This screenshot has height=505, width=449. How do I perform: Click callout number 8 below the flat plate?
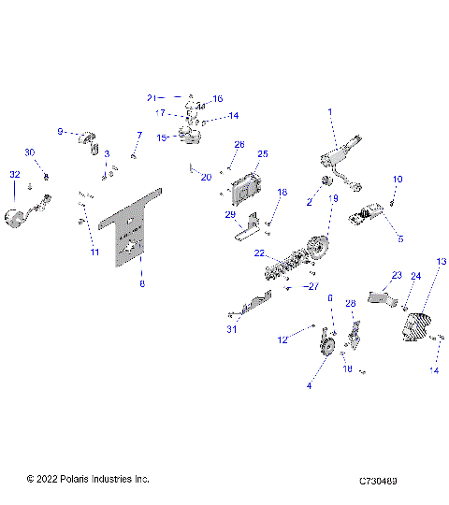(x=142, y=283)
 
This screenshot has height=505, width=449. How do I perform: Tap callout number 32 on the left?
(x=14, y=175)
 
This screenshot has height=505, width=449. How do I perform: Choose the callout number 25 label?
(x=263, y=153)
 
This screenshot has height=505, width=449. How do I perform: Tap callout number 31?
(x=230, y=329)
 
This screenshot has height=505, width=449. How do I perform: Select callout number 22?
(x=260, y=253)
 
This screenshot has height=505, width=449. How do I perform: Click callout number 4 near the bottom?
(x=310, y=385)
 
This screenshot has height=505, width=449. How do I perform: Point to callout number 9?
(x=61, y=132)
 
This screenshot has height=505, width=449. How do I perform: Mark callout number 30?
(x=29, y=152)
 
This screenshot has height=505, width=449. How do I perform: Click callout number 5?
(x=400, y=239)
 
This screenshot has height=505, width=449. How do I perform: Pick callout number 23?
(x=396, y=276)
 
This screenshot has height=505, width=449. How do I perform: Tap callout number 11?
(x=94, y=252)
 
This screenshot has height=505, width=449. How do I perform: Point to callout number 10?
(x=398, y=178)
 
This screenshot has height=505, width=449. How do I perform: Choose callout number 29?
(x=230, y=215)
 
